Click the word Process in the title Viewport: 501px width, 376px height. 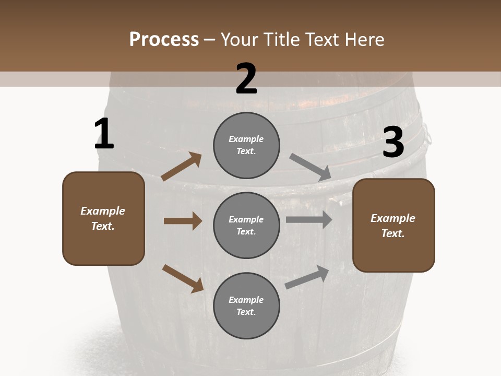[x=164, y=39]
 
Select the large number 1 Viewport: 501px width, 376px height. [x=104, y=134]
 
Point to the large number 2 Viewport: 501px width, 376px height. [x=246, y=79]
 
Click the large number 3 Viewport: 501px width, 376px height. [x=393, y=143]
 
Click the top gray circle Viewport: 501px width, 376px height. [x=246, y=145]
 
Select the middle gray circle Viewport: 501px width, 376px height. [x=246, y=225]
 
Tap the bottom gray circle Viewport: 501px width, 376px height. [x=246, y=305]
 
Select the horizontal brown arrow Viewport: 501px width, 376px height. [x=183, y=221]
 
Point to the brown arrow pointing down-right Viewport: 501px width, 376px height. [x=183, y=278]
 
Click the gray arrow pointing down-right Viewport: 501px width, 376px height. [x=311, y=167]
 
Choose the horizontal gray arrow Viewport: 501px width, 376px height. [x=309, y=220]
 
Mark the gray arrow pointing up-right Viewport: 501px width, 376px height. [x=307, y=277]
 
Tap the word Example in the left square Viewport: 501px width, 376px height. [x=103, y=211]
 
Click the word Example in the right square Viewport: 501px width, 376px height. [x=393, y=218]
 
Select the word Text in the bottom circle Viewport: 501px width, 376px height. [x=245, y=312]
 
